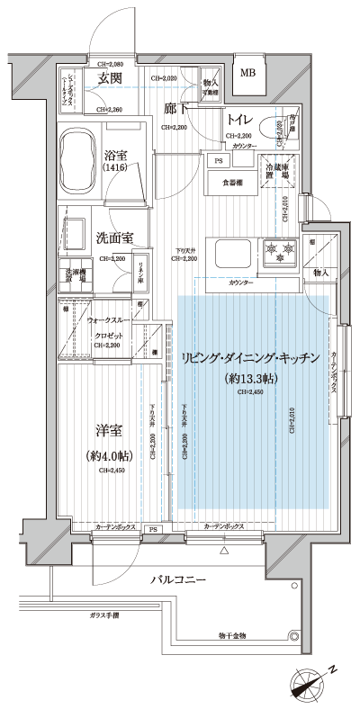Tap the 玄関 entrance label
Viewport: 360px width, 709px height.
(x=110, y=79)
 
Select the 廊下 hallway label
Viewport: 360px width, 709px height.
(x=176, y=109)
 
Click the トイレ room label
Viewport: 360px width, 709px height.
(x=238, y=121)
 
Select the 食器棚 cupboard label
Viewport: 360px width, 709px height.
(x=232, y=183)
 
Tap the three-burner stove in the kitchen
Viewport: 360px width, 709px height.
(x=278, y=250)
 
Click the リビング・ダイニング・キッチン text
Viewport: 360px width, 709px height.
(x=250, y=358)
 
